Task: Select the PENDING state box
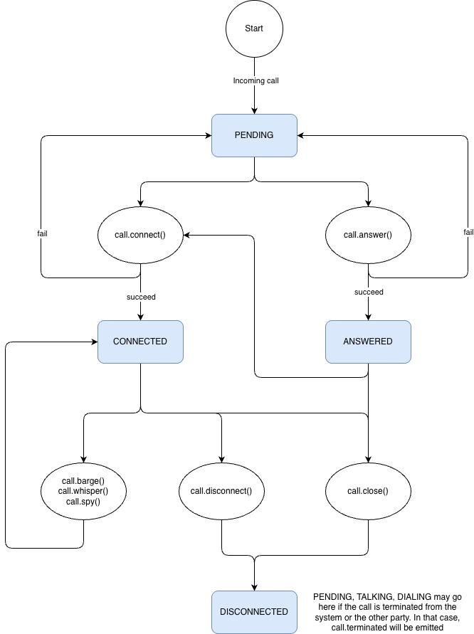coord(254,134)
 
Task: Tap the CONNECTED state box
coord(140,342)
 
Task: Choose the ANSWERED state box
coord(368,342)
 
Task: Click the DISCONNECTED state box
coord(254,612)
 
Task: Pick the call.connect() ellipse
coord(140,234)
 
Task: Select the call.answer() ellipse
coord(368,234)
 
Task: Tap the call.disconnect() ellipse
coord(221,491)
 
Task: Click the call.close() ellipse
coord(368,491)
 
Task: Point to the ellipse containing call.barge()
coord(83,491)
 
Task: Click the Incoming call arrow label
coord(256,80)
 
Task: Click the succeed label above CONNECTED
coord(141,297)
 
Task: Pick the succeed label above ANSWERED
coord(369,292)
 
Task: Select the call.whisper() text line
coord(83,491)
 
